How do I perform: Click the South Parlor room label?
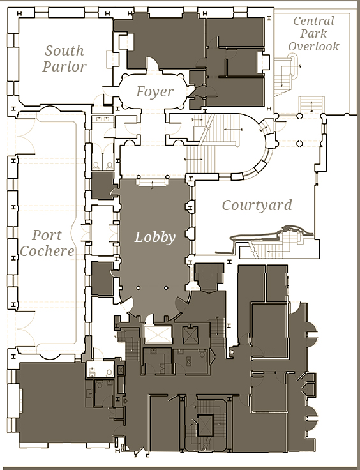pos(64,59)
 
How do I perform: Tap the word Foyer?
pos(154,92)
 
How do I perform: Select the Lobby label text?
pos(155,238)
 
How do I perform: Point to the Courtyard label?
pos(257,206)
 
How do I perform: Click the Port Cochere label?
pos(47,243)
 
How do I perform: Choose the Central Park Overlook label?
pos(313,34)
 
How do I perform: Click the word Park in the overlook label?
pos(313,34)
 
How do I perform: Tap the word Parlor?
pos(64,66)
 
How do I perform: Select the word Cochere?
pos(47,251)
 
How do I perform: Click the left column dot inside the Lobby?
pos(139,288)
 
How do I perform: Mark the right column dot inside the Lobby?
pos(166,288)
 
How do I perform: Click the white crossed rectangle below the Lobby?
pos(158,334)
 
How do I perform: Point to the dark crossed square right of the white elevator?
pos(190,335)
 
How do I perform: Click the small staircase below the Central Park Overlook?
pos(311,104)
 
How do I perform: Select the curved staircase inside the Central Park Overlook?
pos(286,73)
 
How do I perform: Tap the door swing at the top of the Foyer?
pos(153,63)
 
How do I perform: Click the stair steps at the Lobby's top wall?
pos(153,183)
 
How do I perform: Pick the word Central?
pos(313,21)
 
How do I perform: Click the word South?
pos(64,50)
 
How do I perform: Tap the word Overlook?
pos(313,46)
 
